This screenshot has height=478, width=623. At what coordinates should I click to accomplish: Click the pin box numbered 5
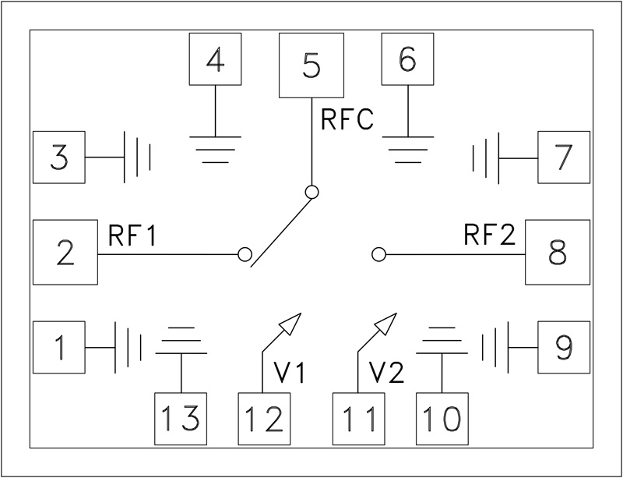[311, 66]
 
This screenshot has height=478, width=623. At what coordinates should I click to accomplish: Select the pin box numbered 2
[65, 253]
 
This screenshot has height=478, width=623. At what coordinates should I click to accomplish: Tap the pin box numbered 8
[557, 253]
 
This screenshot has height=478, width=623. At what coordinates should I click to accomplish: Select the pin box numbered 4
[216, 60]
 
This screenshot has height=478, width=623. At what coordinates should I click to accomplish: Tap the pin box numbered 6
[407, 60]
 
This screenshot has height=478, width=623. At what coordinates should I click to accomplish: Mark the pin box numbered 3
[59, 158]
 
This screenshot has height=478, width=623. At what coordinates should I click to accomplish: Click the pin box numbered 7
[563, 158]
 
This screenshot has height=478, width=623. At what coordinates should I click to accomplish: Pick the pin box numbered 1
[59, 347]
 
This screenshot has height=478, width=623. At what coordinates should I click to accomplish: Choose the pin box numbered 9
[564, 347]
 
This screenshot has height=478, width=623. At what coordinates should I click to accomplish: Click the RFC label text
[347, 121]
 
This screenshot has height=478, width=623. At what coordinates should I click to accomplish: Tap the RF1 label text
[132, 236]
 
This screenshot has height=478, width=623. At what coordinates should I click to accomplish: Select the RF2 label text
[490, 235]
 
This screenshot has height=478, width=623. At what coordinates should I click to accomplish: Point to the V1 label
[292, 374]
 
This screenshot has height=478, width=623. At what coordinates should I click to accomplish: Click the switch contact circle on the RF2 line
[379, 254]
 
